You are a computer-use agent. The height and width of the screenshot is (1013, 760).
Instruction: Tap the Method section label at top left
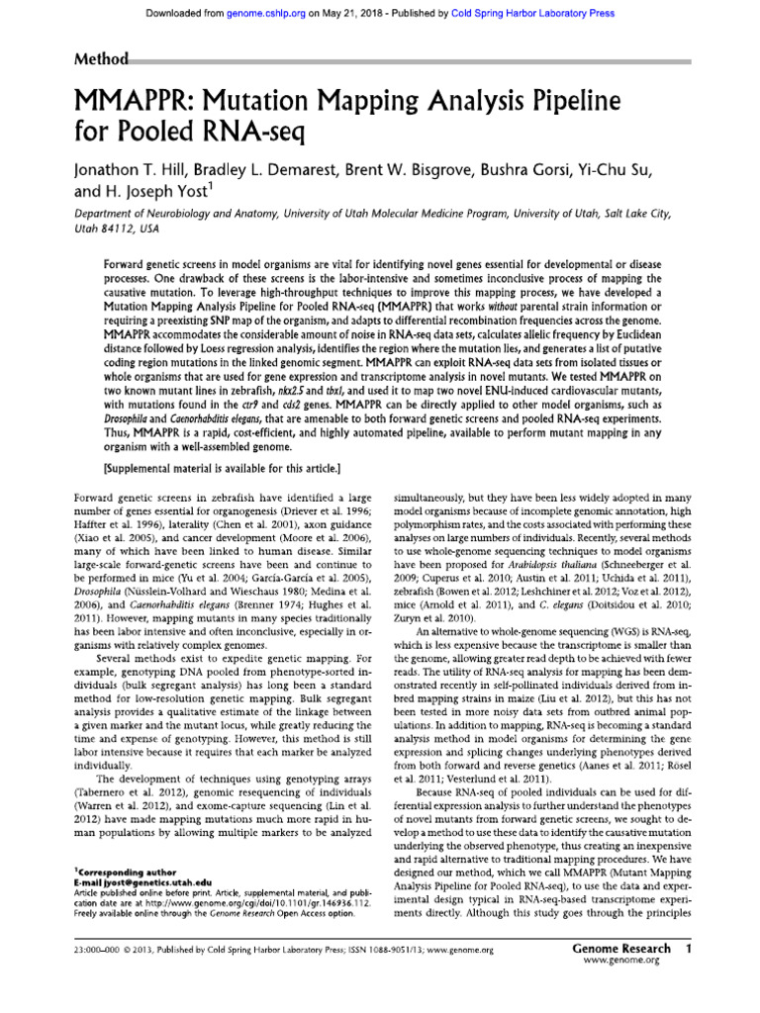(101, 59)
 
